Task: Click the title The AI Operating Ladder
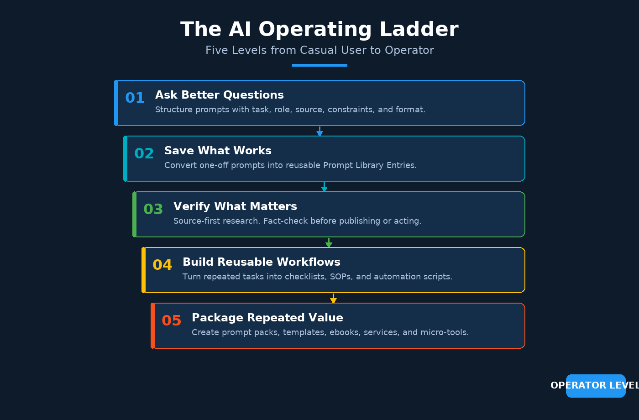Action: pyautogui.click(x=319, y=29)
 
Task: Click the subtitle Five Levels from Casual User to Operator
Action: pyautogui.click(x=319, y=50)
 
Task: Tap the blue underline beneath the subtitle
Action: pyautogui.click(x=319, y=65)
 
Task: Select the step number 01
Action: pyautogui.click(x=135, y=98)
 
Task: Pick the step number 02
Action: pyautogui.click(x=144, y=153)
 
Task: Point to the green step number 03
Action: pyautogui.click(x=153, y=209)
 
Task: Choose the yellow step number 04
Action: pyautogui.click(x=162, y=264)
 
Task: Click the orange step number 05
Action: pyautogui.click(x=172, y=320)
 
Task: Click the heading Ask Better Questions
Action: pyautogui.click(x=220, y=95)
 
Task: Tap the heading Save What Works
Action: pyautogui.click(x=218, y=151)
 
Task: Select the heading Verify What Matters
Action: pyautogui.click(x=236, y=206)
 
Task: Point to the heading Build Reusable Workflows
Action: pyautogui.click(x=262, y=262)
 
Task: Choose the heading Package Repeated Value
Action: pyautogui.click(x=267, y=318)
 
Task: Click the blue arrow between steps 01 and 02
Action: pyautogui.click(x=320, y=131)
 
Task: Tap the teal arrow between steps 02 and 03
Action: pyautogui.click(x=325, y=187)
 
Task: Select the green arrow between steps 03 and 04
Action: pyautogui.click(x=329, y=242)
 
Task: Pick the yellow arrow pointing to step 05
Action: pyautogui.click(x=334, y=298)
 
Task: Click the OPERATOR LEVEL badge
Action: pyautogui.click(x=596, y=386)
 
